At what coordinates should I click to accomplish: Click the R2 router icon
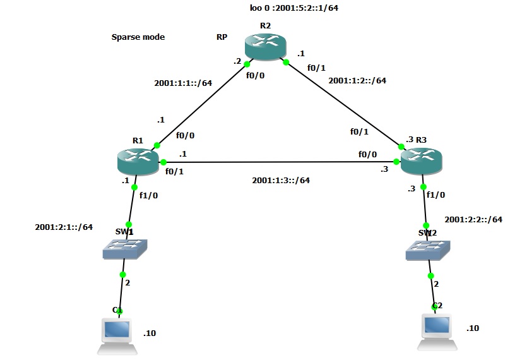point(266,48)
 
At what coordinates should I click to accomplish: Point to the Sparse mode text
point(138,37)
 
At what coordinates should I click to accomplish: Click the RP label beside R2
point(222,37)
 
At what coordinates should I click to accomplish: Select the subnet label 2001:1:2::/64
point(357,80)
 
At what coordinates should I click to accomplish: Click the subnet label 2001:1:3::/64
point(281,180)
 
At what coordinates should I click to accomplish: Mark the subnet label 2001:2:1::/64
point(64,227)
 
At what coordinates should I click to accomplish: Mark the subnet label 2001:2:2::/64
point(473,219)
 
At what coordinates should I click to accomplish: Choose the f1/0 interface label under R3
point(436,195)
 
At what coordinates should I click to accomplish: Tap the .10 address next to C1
point(150,333)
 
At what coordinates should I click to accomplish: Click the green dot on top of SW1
point(129,224)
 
